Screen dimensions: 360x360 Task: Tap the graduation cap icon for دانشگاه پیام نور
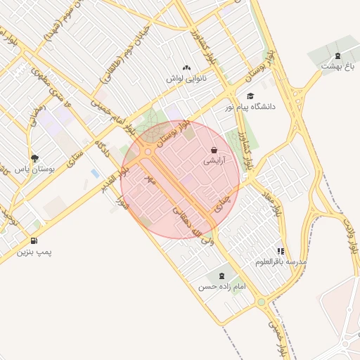[x=250, y=96]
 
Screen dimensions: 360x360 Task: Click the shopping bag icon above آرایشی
[x=214, y=150]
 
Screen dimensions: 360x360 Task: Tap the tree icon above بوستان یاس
[x=35, y=159]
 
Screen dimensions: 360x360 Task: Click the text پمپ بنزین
[x=34, y=252]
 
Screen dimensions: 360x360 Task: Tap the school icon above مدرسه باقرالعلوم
[x=281, y=251]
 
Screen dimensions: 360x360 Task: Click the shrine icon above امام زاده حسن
[x=223, y=275]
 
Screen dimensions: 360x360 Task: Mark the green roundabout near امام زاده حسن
[x=261, y=303]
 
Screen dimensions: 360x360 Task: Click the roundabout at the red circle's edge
[x=147, y=152]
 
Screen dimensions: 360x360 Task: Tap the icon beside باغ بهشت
[x=338, y=56]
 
